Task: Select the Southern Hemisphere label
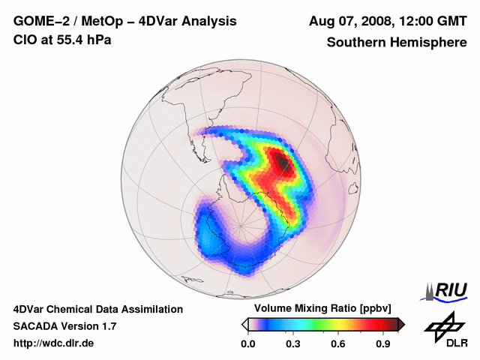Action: tap(396, 42)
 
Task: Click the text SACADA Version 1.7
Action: tap(64, 326)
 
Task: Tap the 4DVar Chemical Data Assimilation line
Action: tap(97, 309)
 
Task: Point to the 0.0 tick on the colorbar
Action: tap(250, 343)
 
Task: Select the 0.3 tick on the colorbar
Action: tap(294, 343)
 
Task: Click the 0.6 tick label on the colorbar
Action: tap(339, 343)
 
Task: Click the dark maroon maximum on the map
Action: tap(282, 161)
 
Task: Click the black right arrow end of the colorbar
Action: tap(400, 324)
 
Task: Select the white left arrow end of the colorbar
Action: tap(245, 324)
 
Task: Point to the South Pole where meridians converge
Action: tap(241, 224)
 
